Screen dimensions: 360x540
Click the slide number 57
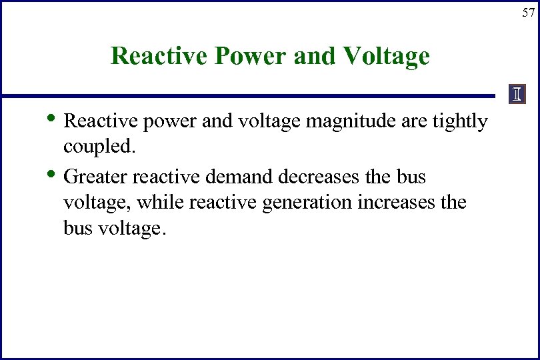pyautogui.click(x=528, y=13)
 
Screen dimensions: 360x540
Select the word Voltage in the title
pyautogui.click(x=387, y=55)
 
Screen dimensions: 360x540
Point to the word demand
pyautogui.click(x=239, y=177)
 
